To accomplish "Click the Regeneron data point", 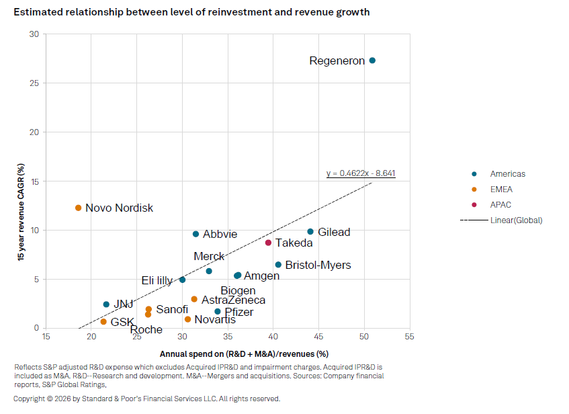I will pyautogui.click(x=372, y=60).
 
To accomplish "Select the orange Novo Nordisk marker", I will pyautogui.click(x=79, y=208).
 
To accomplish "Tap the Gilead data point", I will pyautogui.click(x=310, y=232).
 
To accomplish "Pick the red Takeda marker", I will pyautogui.click(x=268, y=243).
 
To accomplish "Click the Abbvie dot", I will pyautogui.click(x=196, y=234).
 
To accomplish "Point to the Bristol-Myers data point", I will pyautogui.click(x=278, y=265).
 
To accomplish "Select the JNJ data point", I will pyautogui.click(x=106, y=304).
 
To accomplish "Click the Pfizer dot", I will pyautogui.click(x=218, y=311).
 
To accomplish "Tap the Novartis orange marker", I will pyautogui.click(x=187, y=319).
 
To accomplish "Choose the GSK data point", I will pyautogui.click(x=103, y=322).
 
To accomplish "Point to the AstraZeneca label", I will pyautogui.click(x=233, y=300).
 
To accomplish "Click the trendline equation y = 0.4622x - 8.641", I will pyautogui.click(x=361, y=173).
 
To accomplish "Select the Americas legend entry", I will pyautogui.click(x=507, y=174).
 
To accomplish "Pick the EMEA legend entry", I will pyautogui.click(x=500, y=190).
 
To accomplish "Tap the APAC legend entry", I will pyautogui.click(x=500, y=205).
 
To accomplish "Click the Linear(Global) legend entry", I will pyautogui.click(x=516, y=220).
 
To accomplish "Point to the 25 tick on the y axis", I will pyautogui.click(x=34, y=83).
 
